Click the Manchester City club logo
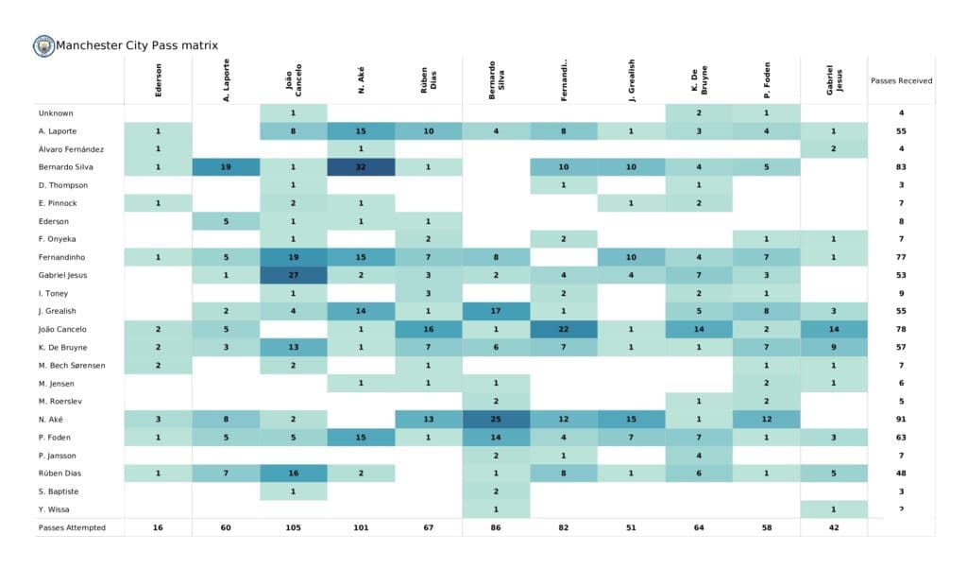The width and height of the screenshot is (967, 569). [43, 45]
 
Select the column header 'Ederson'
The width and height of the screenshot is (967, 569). [158, 81]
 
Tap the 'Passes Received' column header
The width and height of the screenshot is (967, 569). [901, 81]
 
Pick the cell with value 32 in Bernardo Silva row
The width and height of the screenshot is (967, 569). [362, 167]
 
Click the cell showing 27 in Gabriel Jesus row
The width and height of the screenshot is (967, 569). [294, 275]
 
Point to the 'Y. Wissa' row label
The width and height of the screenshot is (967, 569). [53, 509]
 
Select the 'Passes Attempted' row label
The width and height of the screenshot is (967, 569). [72, 527]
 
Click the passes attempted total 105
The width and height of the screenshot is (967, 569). [294, 527]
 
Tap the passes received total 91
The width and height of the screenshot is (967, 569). [901, 419]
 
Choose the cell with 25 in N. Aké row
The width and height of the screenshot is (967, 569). [497, 419]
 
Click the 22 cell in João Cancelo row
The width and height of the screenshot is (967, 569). [564, 329]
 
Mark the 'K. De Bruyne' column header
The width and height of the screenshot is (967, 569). [699, 81]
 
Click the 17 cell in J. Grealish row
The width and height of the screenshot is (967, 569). [497, 311]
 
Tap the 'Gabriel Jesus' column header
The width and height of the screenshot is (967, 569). [834, 81]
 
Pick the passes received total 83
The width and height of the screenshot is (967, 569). [901, 167]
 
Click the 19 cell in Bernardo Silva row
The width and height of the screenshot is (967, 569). [227, 167]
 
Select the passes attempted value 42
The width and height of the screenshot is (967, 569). [834, 527]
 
